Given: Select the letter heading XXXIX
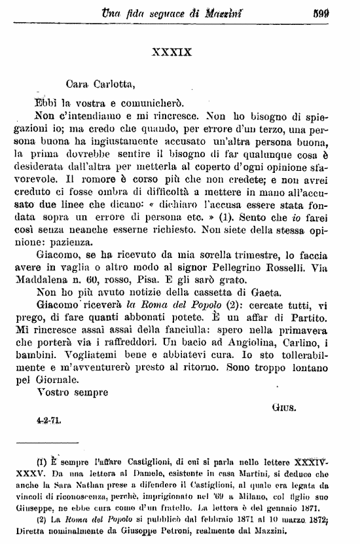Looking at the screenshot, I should (x=172, y=51).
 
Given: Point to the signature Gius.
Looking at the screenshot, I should (x=283, y=405).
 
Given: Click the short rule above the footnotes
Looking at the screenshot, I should (x=56, y=444).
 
